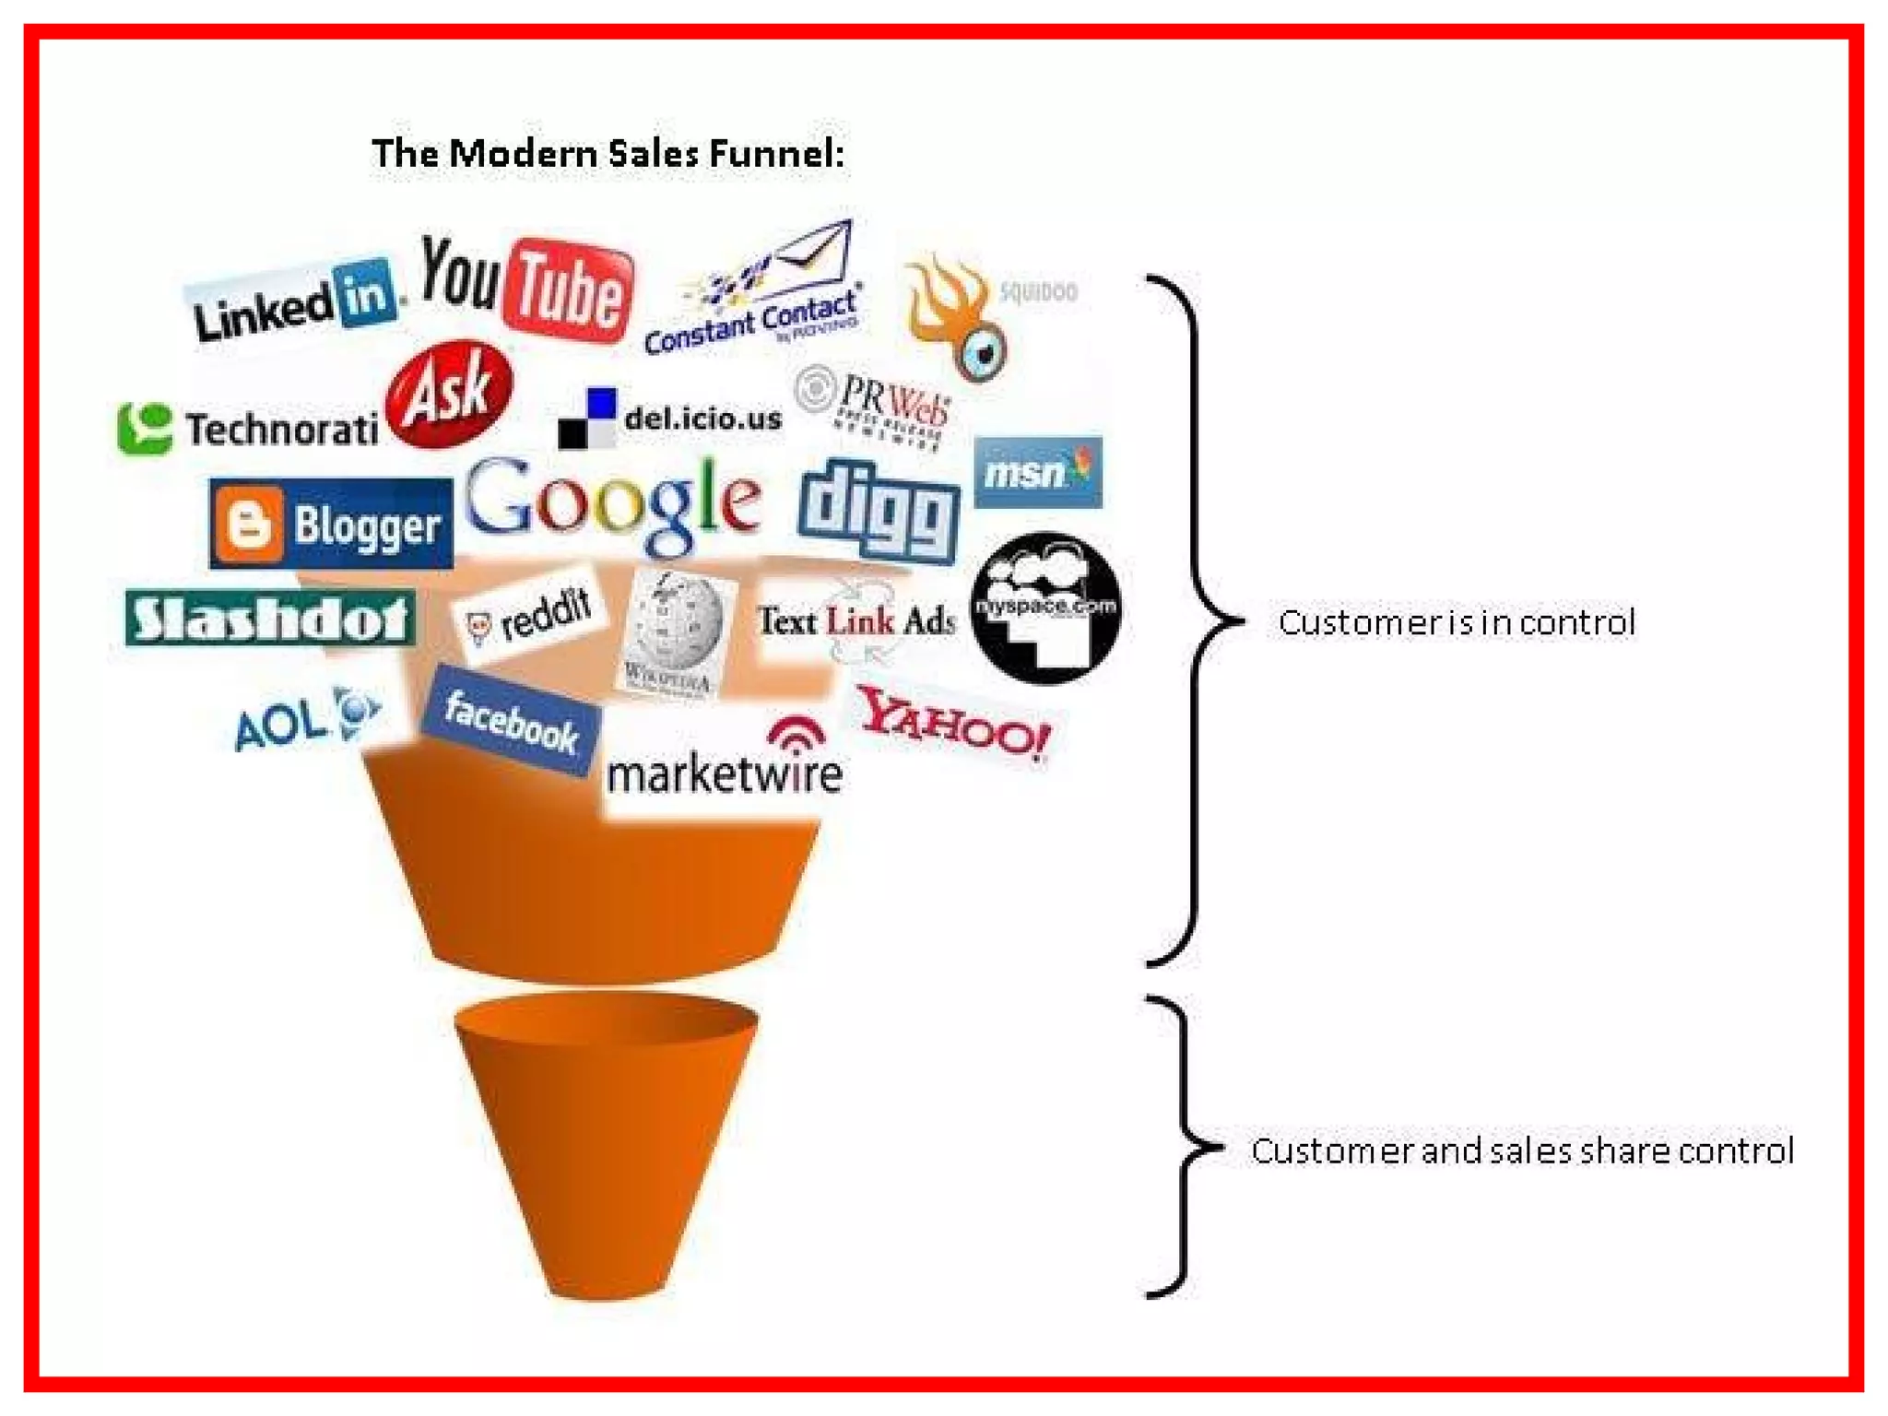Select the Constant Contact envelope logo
[x=756, y=290]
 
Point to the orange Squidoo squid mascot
[x=959, y=313]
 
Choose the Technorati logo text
[x=281, y=430]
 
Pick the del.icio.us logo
[x=671, y=419]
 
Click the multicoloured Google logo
[x=613, y=502]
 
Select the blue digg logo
[x=879, y=510]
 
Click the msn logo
[x=1038, y=473]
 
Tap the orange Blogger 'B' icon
[x=246, y=524]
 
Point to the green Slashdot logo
[x=269, y=619]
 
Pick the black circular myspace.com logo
[x=1046, y=608]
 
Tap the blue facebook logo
[x=511, y=722]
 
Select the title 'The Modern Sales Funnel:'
[x=608, y=153]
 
